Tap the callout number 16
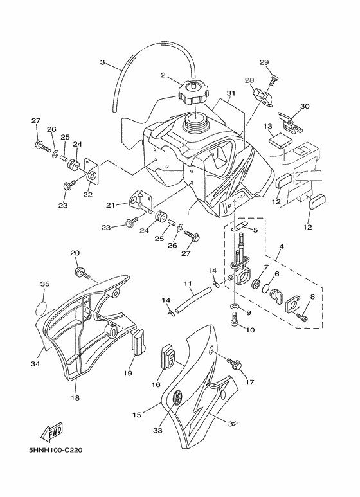(156, 384)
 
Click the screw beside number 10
(235, 317)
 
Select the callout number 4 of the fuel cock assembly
(280, 246)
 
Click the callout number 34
(35, 365)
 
